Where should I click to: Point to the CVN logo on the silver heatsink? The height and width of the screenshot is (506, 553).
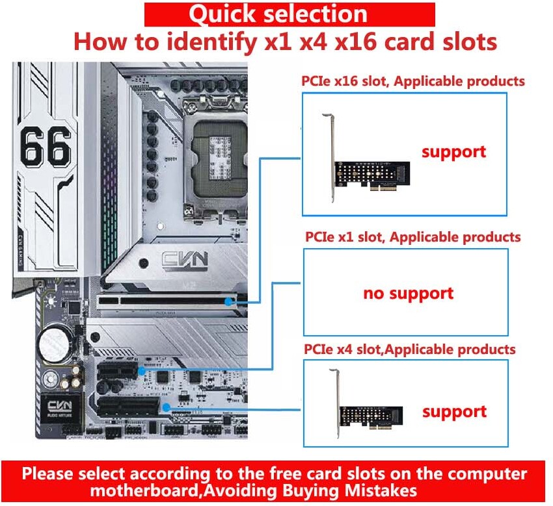[x=184, y=260]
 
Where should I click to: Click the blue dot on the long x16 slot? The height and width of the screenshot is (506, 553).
[x=228, y=301]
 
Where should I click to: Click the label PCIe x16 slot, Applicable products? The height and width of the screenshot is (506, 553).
[x=412, y=81]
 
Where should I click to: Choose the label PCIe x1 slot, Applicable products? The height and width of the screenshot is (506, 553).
[x=413, y=237]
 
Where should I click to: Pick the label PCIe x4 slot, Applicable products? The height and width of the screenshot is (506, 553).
[x=410, y=349]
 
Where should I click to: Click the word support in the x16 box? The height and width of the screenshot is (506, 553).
[x=453, y=152]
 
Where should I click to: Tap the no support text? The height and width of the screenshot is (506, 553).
[x=408, y=293]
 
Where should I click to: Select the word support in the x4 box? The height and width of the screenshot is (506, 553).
[x=454, y=412]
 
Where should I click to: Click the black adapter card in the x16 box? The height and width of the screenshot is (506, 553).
[x=371, y=172]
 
